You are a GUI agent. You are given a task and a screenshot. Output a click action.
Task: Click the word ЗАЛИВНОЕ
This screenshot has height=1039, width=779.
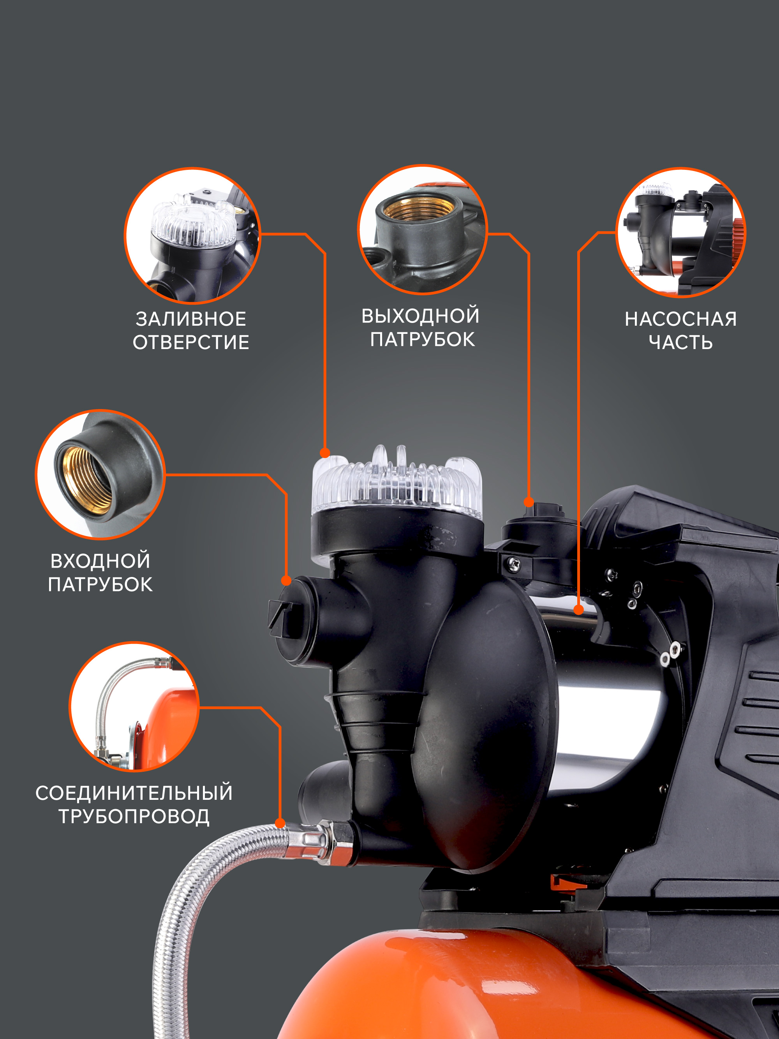[x=191, y=319]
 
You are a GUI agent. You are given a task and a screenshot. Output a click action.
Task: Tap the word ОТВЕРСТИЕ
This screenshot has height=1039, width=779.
[x=191, y=342]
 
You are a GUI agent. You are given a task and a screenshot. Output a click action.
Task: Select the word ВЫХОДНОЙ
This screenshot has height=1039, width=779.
[x=420, y=315]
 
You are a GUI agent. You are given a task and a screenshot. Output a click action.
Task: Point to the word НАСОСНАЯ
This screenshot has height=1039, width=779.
[x=680, y=319]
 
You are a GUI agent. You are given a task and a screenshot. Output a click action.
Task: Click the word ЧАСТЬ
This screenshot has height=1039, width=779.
[x=680, y=342]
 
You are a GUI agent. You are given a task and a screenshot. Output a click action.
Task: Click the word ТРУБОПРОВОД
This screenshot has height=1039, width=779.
[x=134, y=817]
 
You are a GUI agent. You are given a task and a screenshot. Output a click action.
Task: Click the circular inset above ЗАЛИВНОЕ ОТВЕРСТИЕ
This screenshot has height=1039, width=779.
[x=192, y=235]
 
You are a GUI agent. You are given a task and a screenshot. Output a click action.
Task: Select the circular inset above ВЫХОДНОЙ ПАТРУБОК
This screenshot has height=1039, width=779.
[x=423, y=230]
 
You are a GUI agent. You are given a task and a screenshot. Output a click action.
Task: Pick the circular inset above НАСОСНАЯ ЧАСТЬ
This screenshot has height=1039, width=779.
[x=680, y=233]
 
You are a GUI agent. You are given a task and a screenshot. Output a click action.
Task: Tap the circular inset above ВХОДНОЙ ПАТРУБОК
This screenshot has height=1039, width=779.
[x=100, y=475]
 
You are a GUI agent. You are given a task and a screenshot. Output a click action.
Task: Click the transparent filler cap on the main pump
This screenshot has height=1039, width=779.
[x=397, y=484]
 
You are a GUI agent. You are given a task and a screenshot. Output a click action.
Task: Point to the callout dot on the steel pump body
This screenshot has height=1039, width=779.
[x=578, y=610]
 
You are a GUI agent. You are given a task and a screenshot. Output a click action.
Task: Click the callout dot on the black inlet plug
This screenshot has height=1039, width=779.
[x=286, y=580]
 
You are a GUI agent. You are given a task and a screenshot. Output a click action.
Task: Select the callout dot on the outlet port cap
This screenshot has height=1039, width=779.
[x=529, y=502]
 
